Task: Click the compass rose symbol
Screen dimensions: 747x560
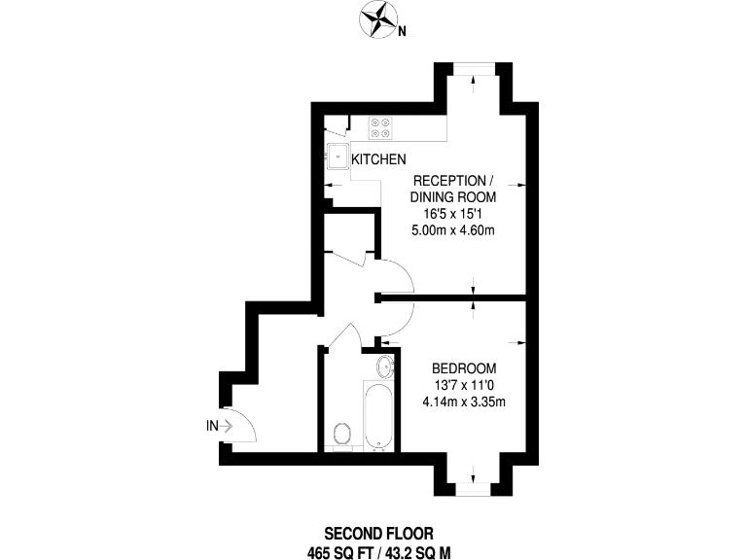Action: pyautogui.click(x=377, y=19)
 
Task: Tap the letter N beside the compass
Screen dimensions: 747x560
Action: pyautogui.click(x=402, y=32)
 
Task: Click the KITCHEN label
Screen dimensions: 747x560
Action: pyautogui.click(x=378, y=159)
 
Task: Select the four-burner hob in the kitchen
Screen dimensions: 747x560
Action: pyautogui.click(x=380, y=128)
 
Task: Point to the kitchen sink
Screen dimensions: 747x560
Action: pyautogui.click(x=338, y=157)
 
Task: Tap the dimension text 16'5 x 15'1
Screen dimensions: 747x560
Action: pyautogui.click(x=453, y=214)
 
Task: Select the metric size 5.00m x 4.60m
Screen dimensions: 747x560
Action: pyautogui.click(x=453, y=230)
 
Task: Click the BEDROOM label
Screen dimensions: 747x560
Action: pyautogui.click(x=465, y=368)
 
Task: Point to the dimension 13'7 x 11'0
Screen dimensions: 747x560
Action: pyautogui.click(x=465, y=385)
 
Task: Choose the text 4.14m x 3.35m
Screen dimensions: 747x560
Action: pyautogui.click(x=465, y=402)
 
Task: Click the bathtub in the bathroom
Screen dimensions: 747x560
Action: pyautogui.click(x=378, y=415)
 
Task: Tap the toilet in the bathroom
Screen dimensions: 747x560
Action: pyautogui.click(x=342, y=435)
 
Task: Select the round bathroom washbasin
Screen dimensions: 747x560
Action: pyautogui.click(x=385, y=367)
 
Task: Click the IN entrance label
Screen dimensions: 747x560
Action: pyautogui.click(x=212, y=426)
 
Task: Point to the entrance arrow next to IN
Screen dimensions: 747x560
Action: pyautogui.click(x=226, y=426)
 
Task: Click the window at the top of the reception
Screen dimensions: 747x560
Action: pyautogui.click(x=474, y=69)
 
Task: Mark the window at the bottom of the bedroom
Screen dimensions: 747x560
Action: pyautogui.click(x=473, y=489)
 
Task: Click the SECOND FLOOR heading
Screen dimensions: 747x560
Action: pyautogui.click(x=378, y=533)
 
